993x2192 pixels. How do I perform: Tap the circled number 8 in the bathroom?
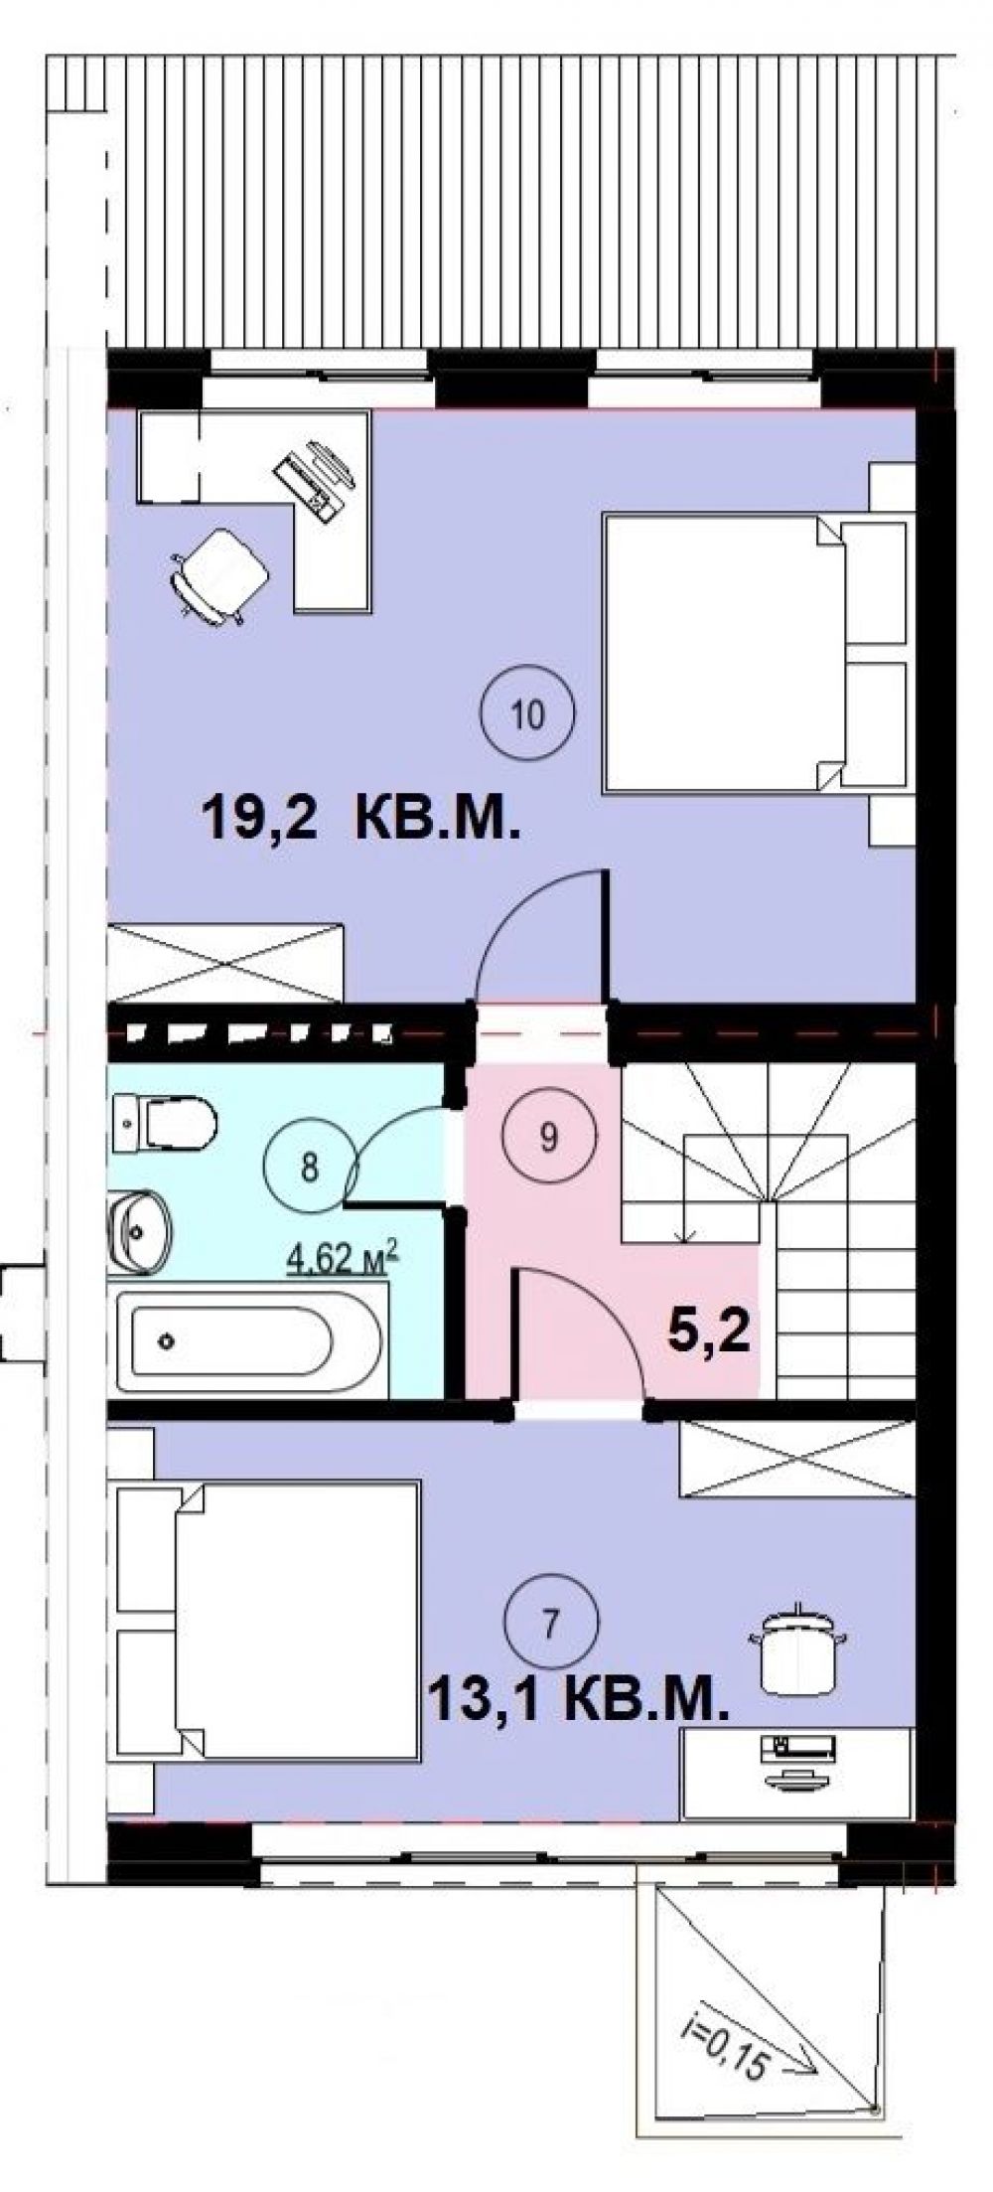click(309, 1168)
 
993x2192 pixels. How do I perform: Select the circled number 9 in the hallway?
click(548, 1137)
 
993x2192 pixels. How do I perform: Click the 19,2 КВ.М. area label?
click(360, 821)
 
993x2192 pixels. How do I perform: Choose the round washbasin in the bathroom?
click(140, 1232)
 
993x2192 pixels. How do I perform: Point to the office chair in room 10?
click(220, 574)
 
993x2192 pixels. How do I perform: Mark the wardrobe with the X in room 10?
click(225, 963)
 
